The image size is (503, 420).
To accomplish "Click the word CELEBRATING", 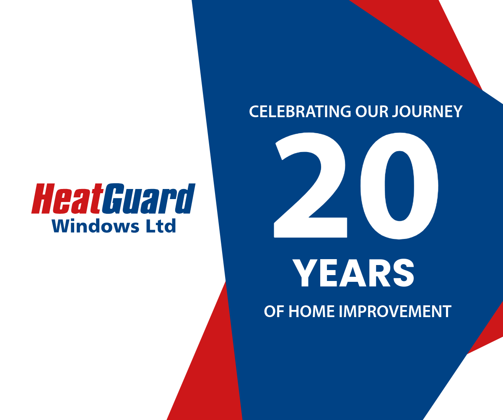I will point(300,112).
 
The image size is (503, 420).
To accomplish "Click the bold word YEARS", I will point(353,273).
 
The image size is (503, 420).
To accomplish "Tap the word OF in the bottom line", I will point(274,312).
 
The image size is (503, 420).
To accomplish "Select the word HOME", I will point(311,312).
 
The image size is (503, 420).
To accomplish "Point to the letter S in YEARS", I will point(404,273).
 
